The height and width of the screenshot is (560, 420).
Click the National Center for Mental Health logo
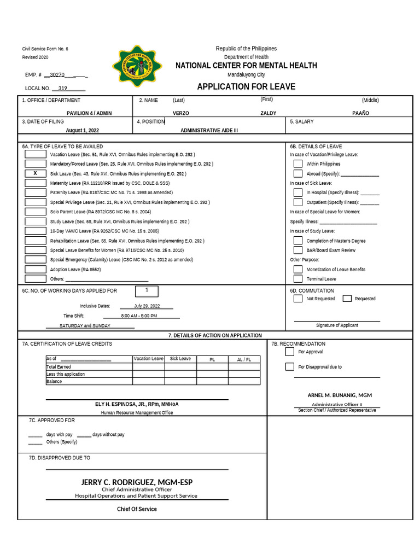[137, 66]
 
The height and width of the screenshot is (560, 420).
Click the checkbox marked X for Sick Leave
[36, 173]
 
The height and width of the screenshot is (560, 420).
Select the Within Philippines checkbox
[298, 164]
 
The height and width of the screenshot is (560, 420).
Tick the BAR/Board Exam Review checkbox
[298, 250]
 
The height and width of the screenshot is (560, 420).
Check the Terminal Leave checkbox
[298, 279]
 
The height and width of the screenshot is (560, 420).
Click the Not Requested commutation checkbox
[298, 299]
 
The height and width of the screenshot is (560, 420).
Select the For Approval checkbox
[289, 352]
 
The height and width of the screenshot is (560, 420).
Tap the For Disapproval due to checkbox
[289, 366]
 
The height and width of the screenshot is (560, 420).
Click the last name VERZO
[181, 113]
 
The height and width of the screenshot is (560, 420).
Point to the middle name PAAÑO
[361, 113]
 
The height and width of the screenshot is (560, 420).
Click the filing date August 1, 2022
[83, 131]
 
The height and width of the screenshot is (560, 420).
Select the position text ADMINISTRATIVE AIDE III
[209, 131]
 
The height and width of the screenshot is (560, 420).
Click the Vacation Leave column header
[148, 359]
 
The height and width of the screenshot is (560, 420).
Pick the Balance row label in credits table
[55, 382]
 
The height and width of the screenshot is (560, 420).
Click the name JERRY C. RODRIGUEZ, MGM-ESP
[137, 482]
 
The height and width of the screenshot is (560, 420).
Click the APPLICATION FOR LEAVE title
[246, 86]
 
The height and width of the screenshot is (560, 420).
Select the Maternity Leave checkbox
[36, 183]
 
